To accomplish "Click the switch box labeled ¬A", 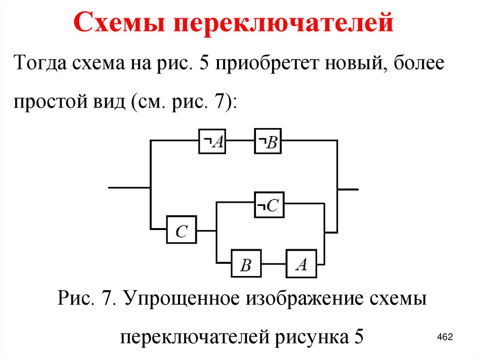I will pyautogui.click(x=212, y=141).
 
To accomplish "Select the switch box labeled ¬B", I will pyautogui.click(x=268, y=141).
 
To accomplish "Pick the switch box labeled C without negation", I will pyautogui.click(x=181, y=230).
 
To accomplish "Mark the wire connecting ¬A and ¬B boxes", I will pyautogui.click(x=240, y=140).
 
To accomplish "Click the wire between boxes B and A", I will pyautogui.click(x=273, y=265).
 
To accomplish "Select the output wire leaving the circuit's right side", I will pyautogui.click(x=348, y=189).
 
